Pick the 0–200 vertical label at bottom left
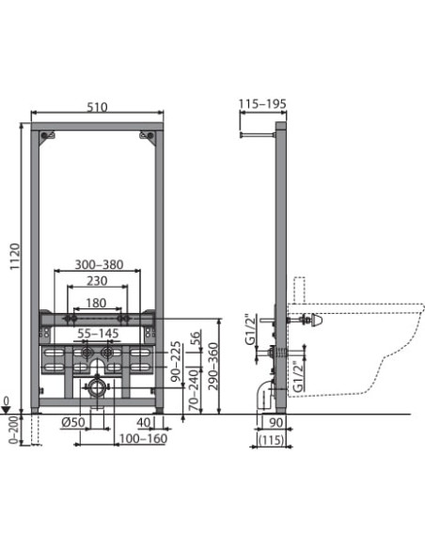(x=11, y=427)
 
